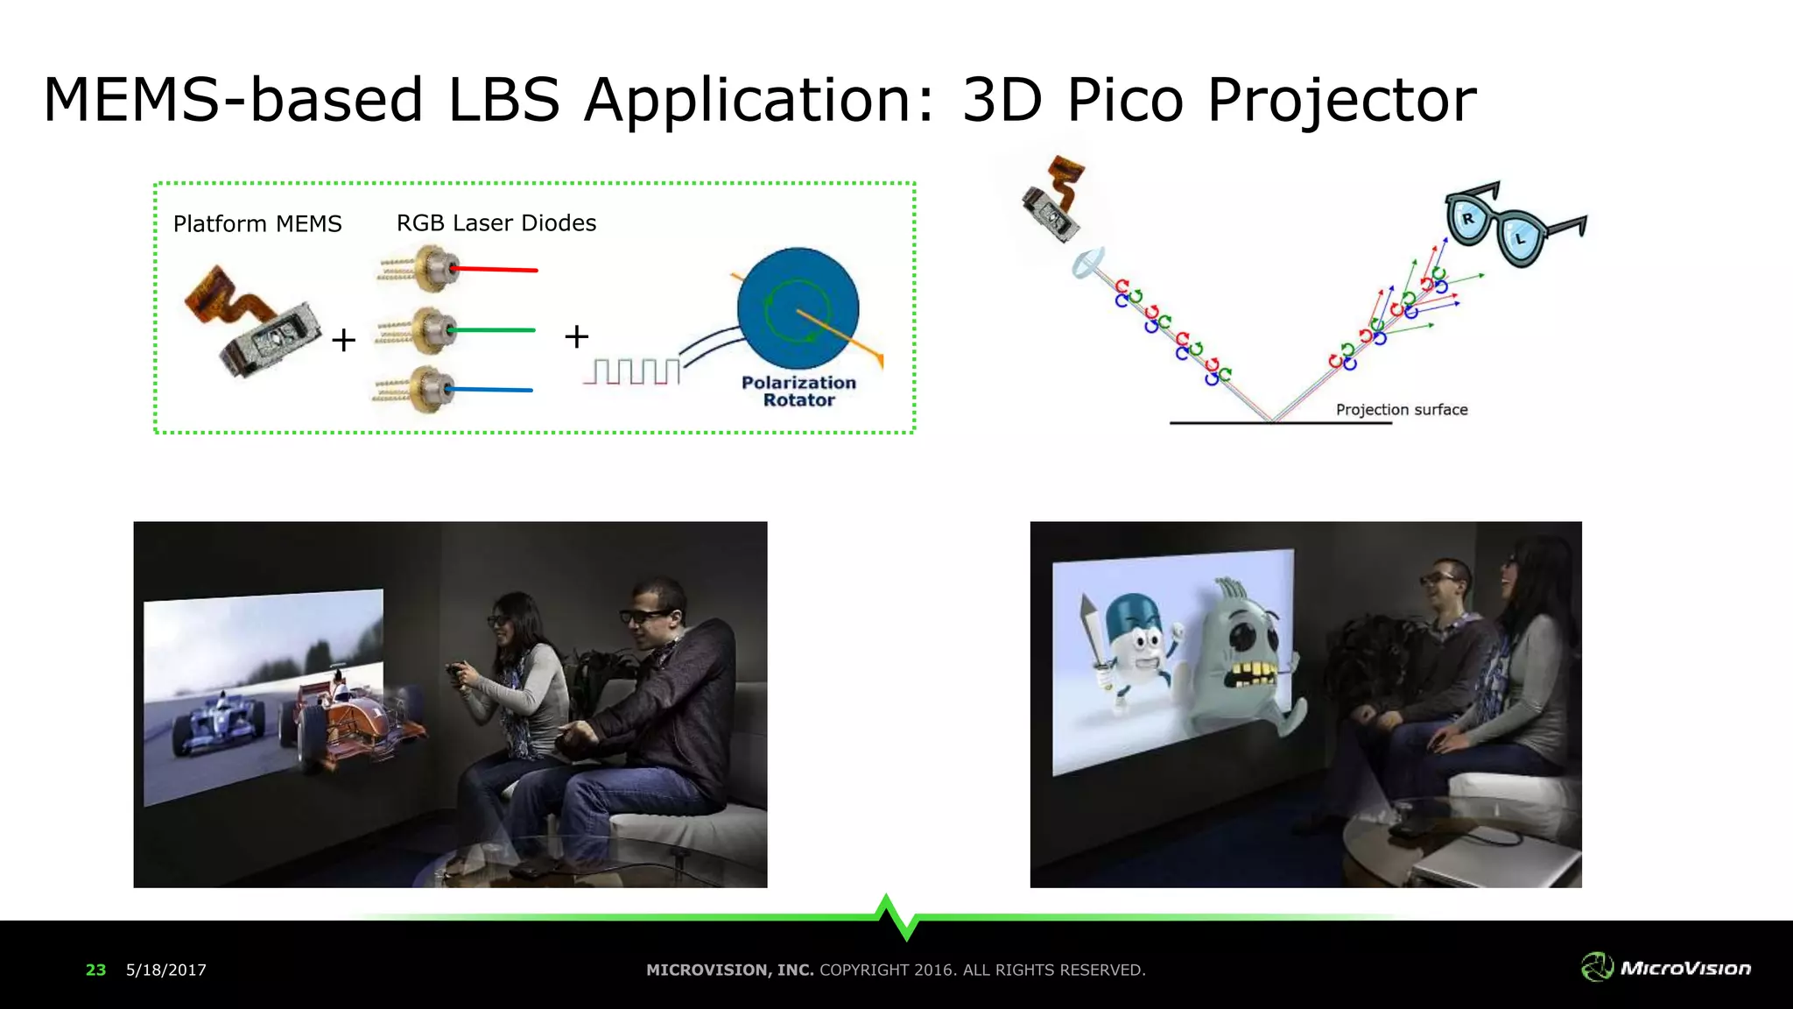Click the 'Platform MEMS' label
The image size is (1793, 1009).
pos(257,224)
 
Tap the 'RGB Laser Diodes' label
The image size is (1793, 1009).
pos(496,223)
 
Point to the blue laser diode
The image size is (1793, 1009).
pos(427,389)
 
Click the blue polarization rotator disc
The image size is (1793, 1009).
pos(798,308)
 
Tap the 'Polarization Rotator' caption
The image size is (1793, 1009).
pos(798,392)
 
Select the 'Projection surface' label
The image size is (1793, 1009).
pos(1401,410)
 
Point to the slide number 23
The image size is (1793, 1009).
pos(95,970)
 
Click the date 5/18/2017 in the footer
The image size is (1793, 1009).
pos(166,970)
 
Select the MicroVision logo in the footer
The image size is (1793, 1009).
pos(1666,968)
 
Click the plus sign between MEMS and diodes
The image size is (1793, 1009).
pos(344,340)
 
